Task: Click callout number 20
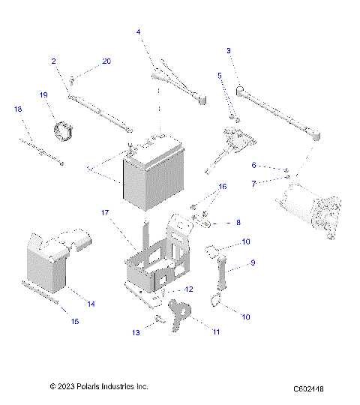106,61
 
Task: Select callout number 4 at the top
139,32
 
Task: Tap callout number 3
228,50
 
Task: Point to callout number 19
43,94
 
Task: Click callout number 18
18,109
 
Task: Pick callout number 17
106,213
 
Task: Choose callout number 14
91,304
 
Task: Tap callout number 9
253,262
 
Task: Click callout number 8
238,223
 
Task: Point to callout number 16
221,186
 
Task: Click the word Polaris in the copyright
88,386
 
